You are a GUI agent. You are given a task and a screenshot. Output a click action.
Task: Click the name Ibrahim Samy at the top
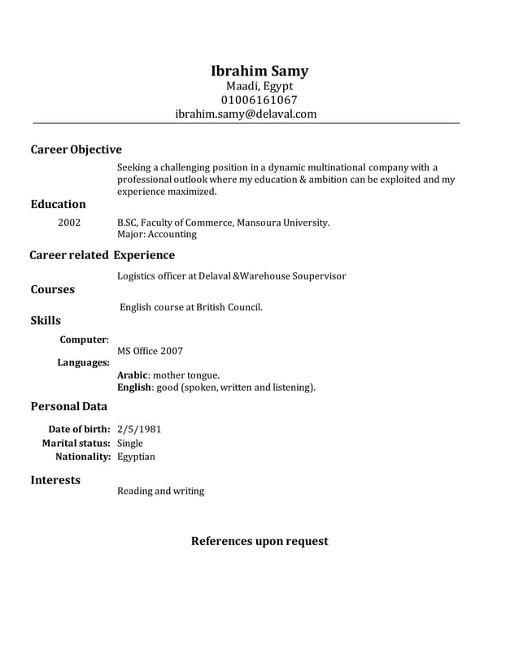[259, 71]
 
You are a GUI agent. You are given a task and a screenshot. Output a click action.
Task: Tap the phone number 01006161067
[259, 100]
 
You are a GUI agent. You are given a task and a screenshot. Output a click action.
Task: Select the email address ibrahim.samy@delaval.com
[246, 115]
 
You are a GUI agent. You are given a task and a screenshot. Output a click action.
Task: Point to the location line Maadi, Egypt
[259, 86]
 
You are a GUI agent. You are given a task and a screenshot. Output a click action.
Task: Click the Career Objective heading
[76, 149]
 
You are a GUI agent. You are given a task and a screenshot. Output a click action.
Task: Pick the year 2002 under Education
[69, 221]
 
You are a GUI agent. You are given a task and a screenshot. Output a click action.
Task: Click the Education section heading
[58, 204]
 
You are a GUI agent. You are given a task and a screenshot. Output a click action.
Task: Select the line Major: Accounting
[157, 234]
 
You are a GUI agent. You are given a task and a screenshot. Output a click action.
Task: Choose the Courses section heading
[52, 289]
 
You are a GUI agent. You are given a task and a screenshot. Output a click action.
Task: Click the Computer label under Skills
[84, 340]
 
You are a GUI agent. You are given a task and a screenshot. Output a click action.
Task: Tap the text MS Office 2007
[150, 351]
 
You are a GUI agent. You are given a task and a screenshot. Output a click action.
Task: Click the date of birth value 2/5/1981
[139, 428]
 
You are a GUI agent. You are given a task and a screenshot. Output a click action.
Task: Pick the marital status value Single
[130, 443]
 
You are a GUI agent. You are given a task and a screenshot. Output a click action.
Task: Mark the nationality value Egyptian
[136, 457]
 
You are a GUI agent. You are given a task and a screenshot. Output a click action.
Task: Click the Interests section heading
[55, 480]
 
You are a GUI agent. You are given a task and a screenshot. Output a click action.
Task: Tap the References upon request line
[259, 541]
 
